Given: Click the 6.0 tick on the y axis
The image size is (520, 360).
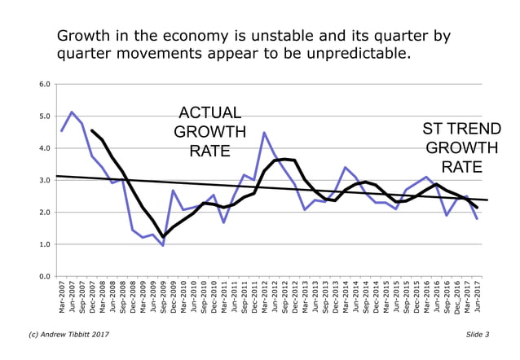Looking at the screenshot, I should click(44, 84).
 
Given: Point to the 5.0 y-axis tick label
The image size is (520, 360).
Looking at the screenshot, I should click(44, 116).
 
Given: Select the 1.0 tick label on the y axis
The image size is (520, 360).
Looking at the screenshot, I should click(44, 244).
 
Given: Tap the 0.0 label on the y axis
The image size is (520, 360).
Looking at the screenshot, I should click(44, 277).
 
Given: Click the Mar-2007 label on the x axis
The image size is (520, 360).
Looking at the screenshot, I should click(62, 298).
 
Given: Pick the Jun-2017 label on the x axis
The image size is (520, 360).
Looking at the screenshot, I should click(477, 298).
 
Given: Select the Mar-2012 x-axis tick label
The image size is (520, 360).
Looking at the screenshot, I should click(264, 298).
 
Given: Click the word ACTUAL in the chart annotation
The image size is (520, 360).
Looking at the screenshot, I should click(210, 112).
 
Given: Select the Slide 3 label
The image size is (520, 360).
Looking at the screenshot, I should click(478, 334).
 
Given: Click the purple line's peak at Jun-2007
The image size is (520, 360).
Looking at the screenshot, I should click(72, 112).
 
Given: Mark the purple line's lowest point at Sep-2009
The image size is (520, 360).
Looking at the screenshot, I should click(163, 245).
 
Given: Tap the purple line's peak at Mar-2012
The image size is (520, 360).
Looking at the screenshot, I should click(264, 133).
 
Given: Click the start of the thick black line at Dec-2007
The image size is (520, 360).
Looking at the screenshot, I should click(92, 130).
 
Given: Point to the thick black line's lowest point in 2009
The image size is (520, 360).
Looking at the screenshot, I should click(163, 237).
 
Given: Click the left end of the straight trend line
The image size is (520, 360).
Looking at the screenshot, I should click(56, 176).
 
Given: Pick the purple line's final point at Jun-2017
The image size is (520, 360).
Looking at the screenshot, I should click(477, 218).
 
